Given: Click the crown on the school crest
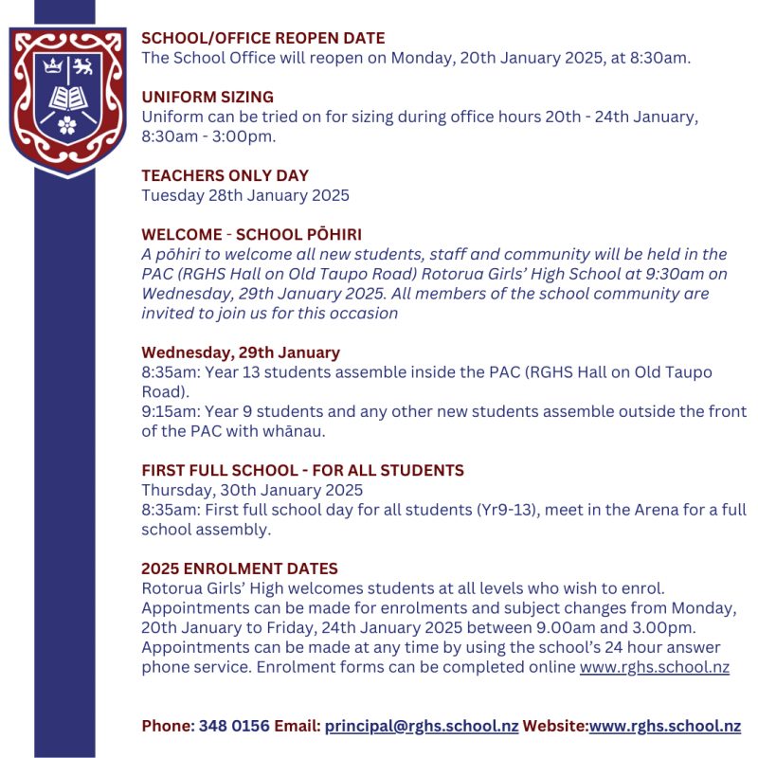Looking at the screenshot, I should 50,66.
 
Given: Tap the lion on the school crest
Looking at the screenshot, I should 83,66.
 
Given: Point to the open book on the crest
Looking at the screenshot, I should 66,97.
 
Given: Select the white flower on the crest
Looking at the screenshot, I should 66,123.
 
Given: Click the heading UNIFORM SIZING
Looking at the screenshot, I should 208,97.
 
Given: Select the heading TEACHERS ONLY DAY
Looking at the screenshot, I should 225,175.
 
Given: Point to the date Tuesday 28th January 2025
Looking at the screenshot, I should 245,195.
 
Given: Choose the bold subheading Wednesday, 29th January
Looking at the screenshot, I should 241,352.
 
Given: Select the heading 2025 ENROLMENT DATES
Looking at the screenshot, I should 240,568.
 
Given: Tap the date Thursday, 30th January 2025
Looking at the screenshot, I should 252,490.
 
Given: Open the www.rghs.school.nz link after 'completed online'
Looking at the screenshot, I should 654,667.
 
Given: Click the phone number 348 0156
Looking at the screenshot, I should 234,726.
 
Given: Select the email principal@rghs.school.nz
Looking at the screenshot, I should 422,726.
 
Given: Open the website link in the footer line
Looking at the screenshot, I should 664,726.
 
